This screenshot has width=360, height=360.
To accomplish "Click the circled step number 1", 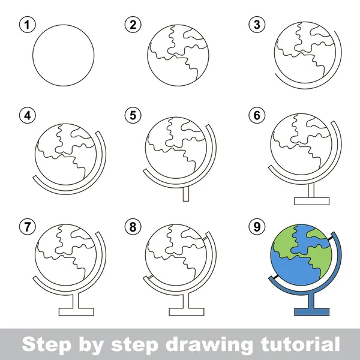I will (x=25, y=25).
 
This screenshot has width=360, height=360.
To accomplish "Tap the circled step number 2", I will (x=133, y=25).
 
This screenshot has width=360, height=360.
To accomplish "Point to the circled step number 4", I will (x=25, y=115).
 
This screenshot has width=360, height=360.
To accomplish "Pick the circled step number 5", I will (x=133, y=115).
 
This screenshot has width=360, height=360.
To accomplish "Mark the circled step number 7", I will (x=25, y=227).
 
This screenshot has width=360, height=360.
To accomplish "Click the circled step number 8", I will (x=133, y=227).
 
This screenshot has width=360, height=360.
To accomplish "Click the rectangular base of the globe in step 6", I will (x=311, y=200).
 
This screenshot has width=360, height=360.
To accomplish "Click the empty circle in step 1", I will (x=63, y=54).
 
